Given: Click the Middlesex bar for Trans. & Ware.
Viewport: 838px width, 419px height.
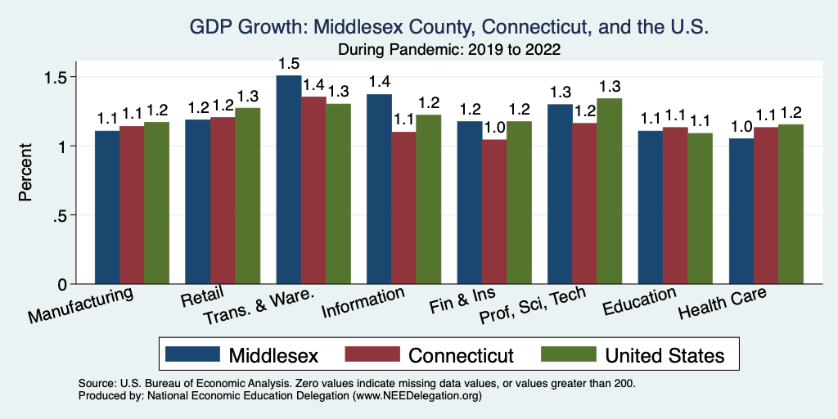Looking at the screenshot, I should (288, 180).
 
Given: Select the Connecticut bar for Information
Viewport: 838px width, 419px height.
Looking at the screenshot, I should (403, 208).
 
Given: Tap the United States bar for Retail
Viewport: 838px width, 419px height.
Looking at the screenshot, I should (247, 196).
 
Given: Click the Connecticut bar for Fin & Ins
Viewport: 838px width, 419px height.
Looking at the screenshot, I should (494, 212).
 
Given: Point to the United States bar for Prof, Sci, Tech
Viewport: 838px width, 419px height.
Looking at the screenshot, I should (610, 191).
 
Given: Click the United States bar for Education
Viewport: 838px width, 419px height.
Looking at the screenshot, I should (700, 209).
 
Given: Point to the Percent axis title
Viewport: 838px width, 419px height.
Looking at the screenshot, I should (26, 173).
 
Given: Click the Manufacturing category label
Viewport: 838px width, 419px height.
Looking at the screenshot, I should (81, 304).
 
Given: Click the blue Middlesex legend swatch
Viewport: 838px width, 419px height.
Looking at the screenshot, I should (193, 354).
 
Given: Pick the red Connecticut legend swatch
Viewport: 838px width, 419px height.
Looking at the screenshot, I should (373, 354).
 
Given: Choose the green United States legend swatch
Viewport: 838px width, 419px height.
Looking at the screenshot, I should (569, 354).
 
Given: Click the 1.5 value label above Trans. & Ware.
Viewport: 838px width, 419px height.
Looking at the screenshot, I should (288, 63).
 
